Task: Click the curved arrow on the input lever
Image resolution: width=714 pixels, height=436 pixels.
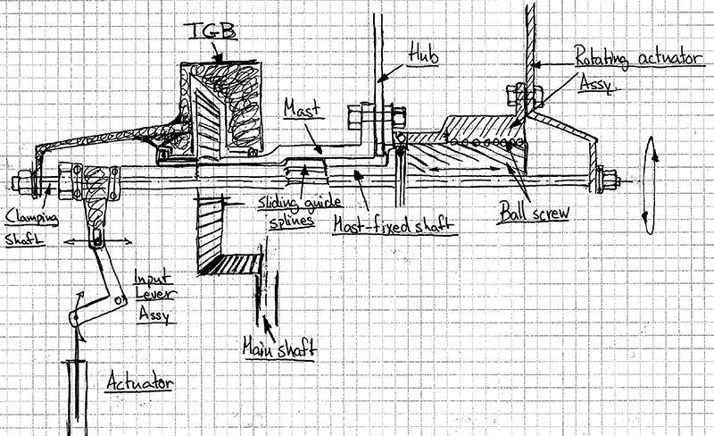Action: click(x=78, y=317)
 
